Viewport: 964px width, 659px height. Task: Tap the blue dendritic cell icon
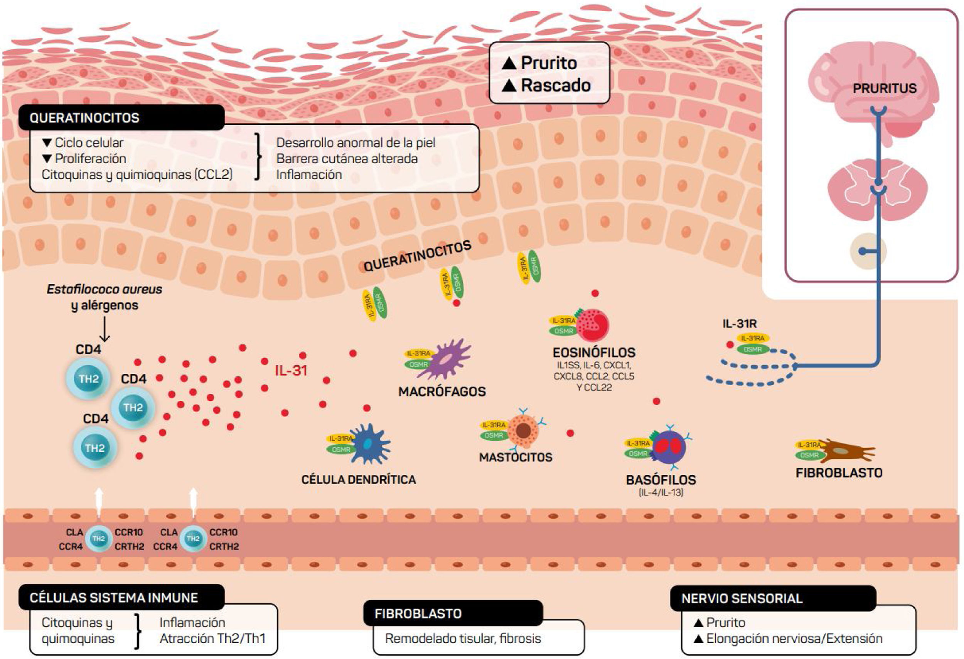click(369, 444)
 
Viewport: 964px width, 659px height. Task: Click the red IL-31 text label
click(291, 370)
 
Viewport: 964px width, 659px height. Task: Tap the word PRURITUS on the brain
click(884, 88)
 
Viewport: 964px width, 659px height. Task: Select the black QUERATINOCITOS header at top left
click(84, 118)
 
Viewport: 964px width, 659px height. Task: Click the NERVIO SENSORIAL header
click(742, 598)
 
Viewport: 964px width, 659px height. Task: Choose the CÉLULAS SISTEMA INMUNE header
click(114, 598)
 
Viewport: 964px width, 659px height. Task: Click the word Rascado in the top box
click(555, 85)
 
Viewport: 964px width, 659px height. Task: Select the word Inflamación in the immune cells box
click(192, 622)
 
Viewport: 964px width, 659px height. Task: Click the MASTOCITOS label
click(516, 457)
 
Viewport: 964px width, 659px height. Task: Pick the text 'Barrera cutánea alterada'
click(347, 159)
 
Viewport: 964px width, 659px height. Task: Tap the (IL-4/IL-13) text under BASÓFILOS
click(661, 493)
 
